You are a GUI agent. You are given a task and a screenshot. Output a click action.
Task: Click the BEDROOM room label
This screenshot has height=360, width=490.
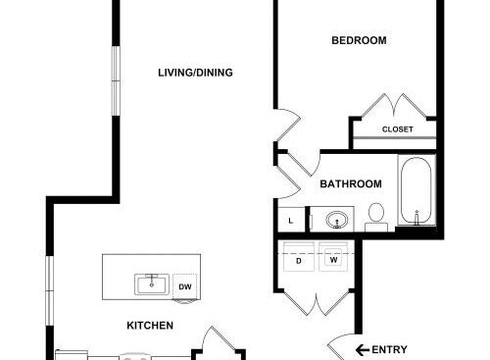point(359,40)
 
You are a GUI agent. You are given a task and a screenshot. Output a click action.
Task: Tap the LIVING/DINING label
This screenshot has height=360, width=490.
point(195,73)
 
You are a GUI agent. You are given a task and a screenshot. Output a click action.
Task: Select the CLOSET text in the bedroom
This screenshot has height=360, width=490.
point(398,129)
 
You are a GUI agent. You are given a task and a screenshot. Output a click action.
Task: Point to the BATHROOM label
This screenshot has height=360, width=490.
point(351,184)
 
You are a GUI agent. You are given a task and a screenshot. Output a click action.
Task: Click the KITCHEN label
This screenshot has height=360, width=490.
point(150,326)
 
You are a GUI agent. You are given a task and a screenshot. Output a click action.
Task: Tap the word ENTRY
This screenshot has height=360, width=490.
point(389,350)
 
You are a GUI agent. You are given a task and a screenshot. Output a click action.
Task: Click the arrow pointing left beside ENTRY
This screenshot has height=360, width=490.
point(363,350)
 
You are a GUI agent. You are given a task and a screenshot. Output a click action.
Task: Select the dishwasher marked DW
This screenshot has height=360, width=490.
point(185,286)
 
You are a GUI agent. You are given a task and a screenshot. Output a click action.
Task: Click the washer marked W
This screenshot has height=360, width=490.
point(333,257)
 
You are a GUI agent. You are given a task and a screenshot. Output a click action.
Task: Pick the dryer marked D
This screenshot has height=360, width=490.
point(299,257)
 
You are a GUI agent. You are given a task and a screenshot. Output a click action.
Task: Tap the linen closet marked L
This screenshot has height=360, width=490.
point(291,220)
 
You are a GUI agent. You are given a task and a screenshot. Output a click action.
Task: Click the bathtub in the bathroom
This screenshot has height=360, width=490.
point(416,190)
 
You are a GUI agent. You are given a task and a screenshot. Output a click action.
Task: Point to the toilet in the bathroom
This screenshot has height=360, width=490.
point(376,217)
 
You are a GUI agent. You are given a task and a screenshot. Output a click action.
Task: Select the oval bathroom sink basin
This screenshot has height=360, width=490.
point(337,220)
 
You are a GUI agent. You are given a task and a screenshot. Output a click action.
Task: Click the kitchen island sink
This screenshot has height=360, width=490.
point(152,284)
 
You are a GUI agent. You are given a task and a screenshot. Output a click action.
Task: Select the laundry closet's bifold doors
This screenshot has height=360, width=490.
point(317,303)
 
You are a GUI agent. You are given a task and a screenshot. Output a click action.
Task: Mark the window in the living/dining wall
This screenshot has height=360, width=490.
point(116,80)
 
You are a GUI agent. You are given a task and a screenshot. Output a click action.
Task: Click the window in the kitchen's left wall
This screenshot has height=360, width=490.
point(49,290)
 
